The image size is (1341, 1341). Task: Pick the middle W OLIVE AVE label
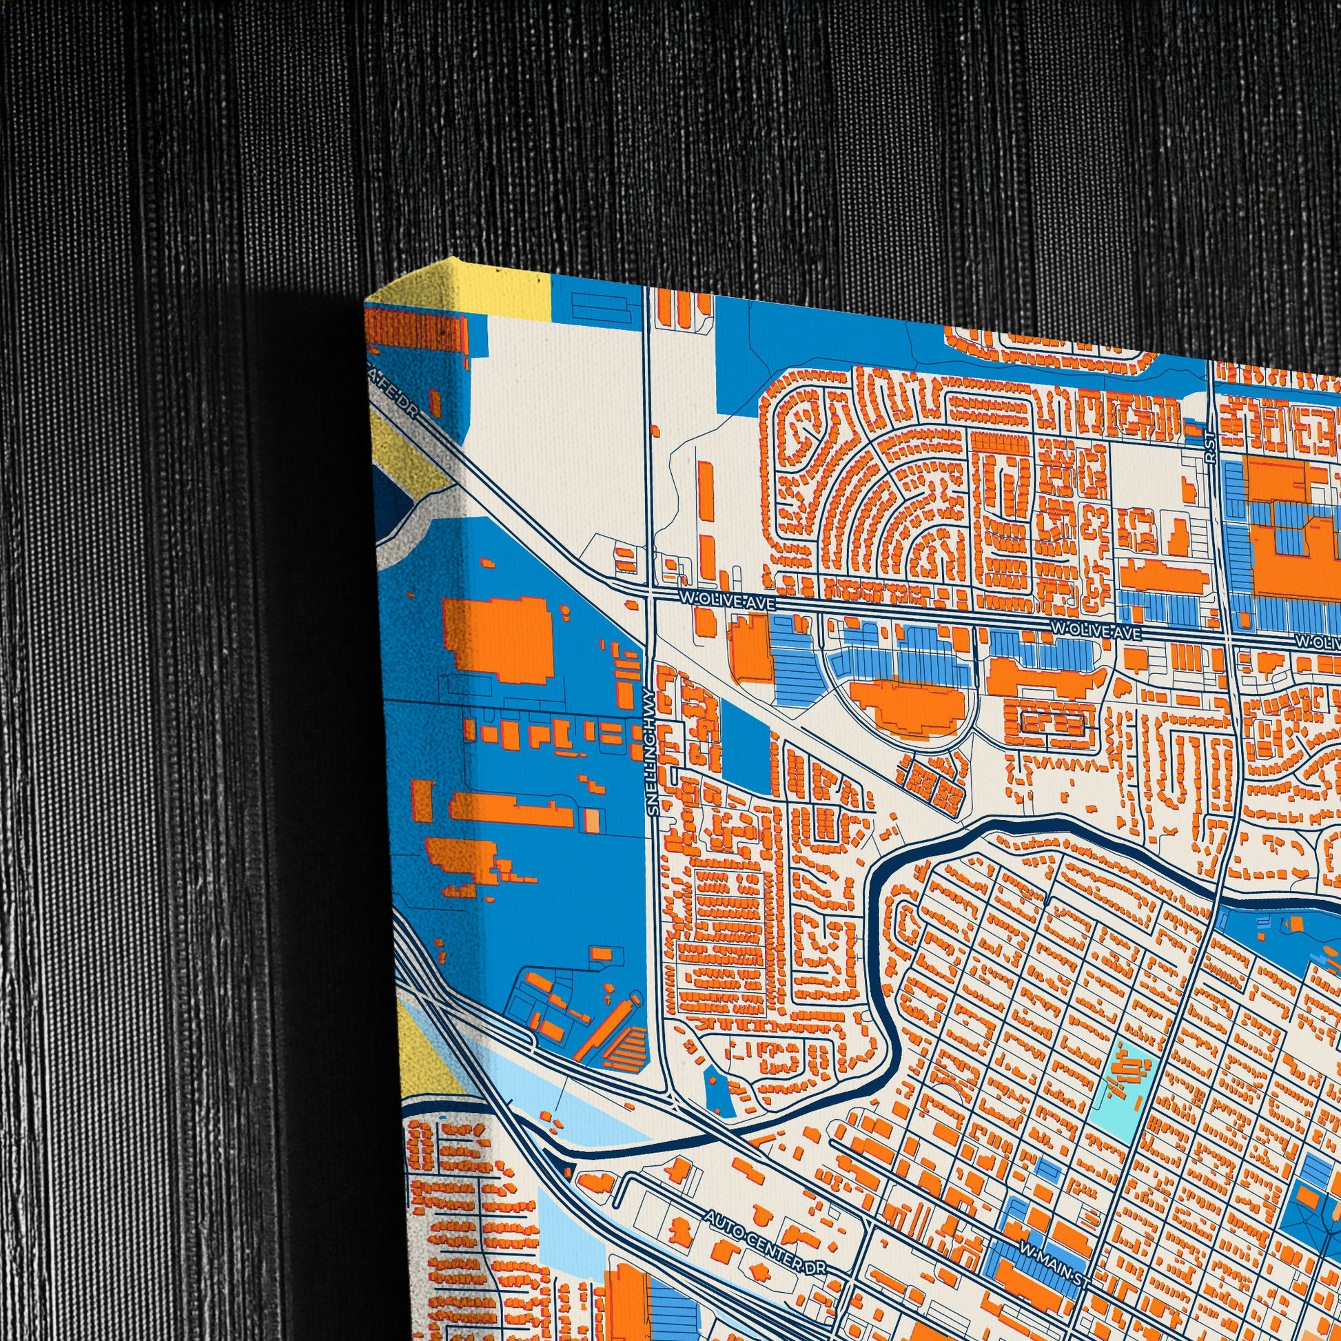[x=1096, y=631]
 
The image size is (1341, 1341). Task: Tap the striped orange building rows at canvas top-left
[x=416, y=329]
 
